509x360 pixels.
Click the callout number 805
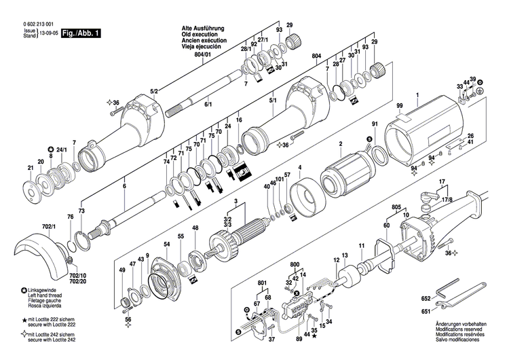pyautogui.click(x=396, y=206)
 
